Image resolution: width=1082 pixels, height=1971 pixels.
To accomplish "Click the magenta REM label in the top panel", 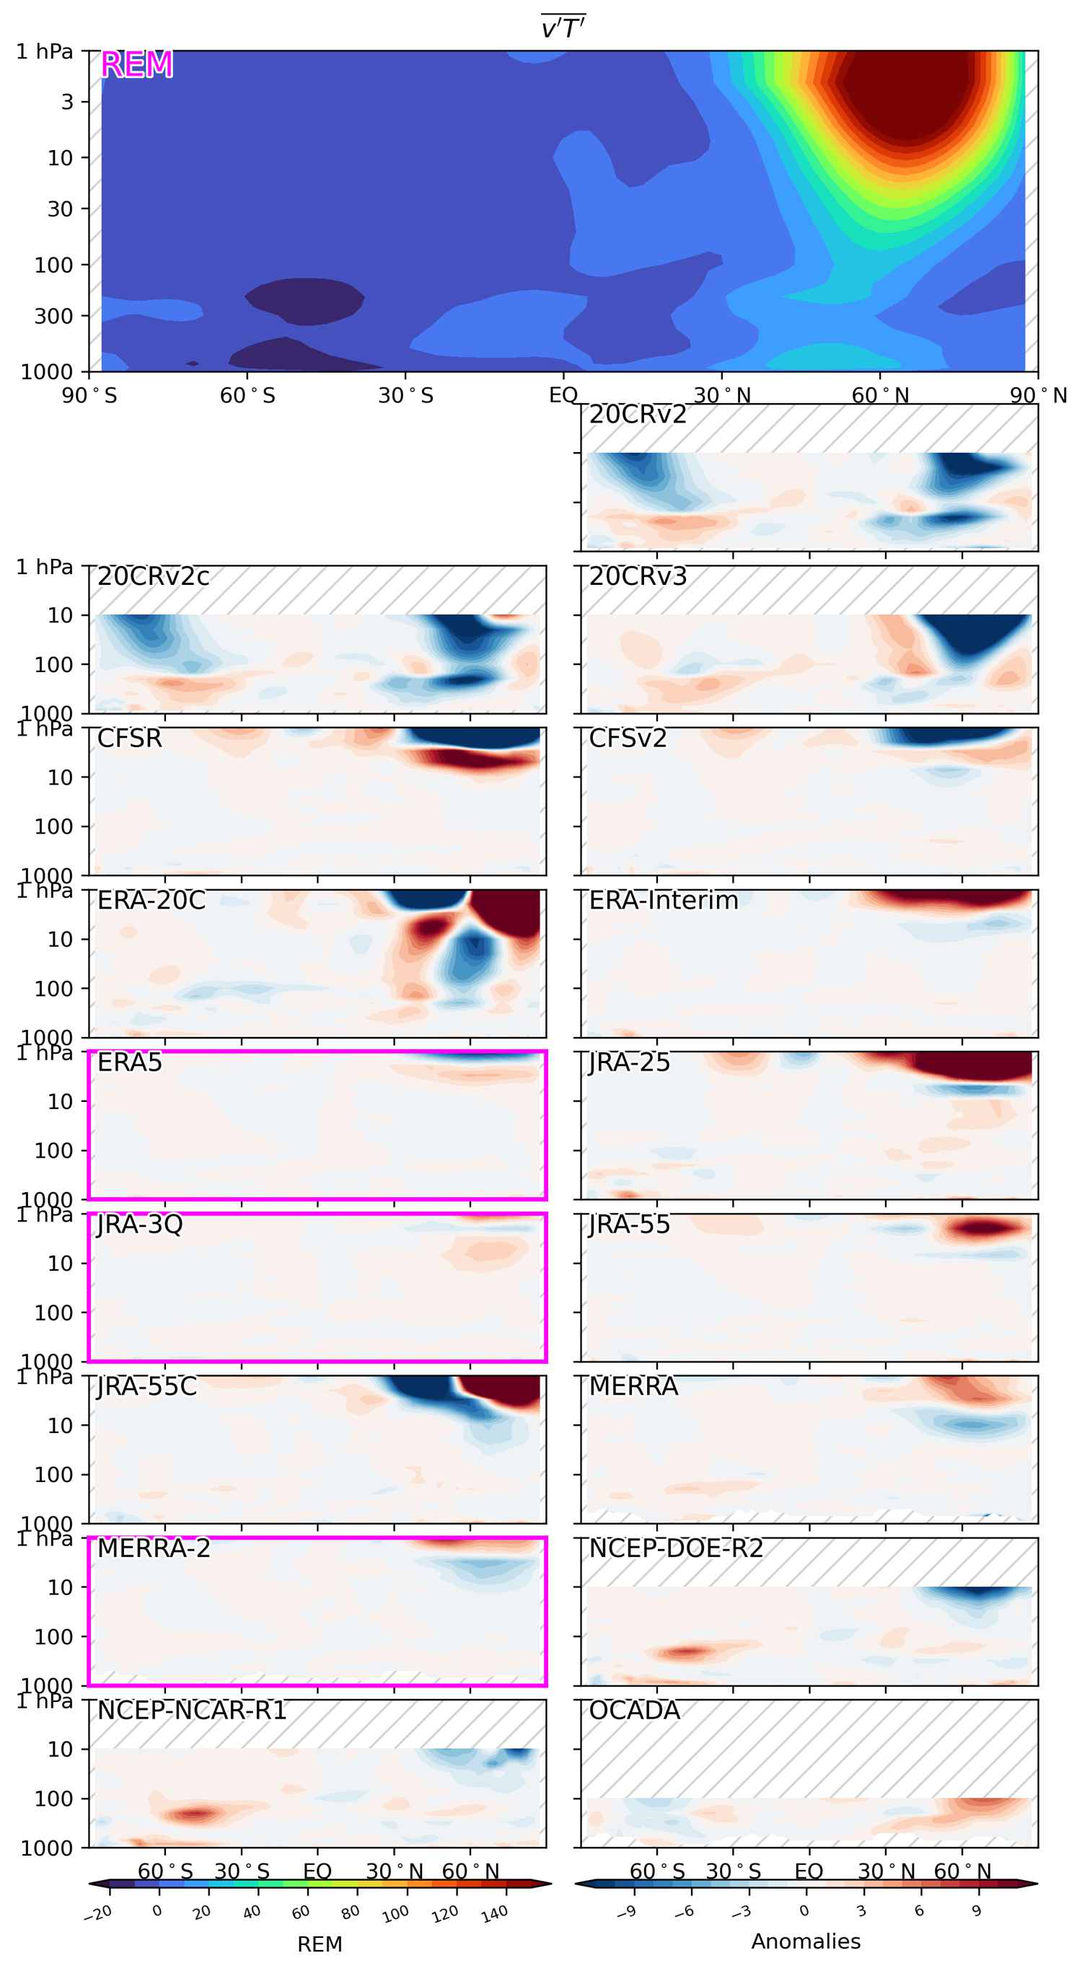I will click(136, 64).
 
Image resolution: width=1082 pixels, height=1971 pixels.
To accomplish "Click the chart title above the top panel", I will click(563, 28).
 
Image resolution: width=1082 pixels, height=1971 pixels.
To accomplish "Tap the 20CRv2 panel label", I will click(638, 415).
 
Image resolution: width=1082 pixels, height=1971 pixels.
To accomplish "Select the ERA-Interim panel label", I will click(663, 901).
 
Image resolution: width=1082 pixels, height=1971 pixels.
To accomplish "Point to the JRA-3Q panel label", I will click(139, 1225).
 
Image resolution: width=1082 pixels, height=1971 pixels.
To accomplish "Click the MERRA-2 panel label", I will click(153, 1548).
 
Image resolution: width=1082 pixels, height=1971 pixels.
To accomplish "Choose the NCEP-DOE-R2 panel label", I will click(676, 1548).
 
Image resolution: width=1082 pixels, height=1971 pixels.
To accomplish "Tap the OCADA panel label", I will click(633, 1711).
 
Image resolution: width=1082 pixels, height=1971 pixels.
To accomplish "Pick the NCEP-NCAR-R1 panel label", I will click(191, 1711).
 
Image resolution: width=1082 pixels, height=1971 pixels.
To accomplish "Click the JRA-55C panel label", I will click(146, 1386).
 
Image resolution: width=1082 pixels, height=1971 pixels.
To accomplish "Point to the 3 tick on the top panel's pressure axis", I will click(67, 102).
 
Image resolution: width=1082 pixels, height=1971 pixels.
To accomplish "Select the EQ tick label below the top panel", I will click(563, 396).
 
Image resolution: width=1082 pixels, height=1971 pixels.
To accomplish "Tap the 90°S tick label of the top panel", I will click(89, 396).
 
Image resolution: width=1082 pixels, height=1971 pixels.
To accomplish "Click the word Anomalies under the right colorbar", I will click(805, 1941).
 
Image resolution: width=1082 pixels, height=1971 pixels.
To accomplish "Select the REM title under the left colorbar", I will click(319, 1944).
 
